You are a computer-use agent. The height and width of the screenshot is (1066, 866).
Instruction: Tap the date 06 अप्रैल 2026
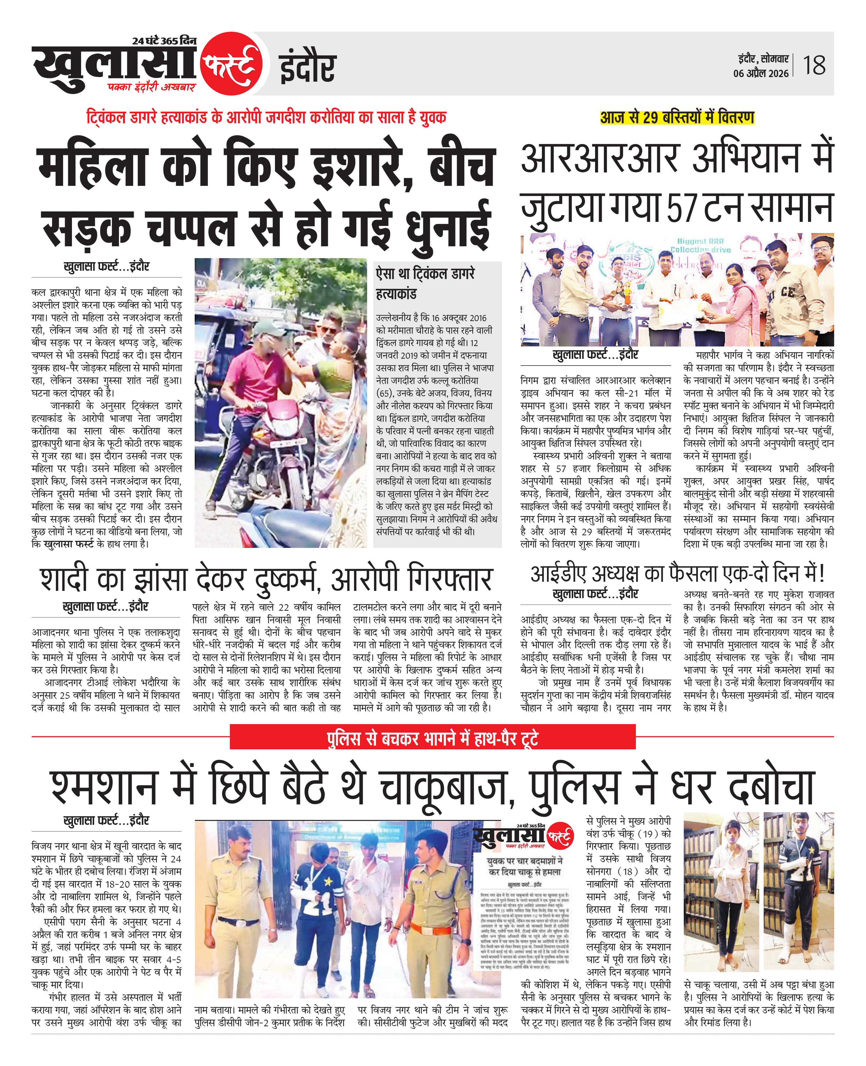(761, 73)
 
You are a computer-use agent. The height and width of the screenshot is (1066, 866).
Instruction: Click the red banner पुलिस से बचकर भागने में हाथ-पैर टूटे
(433, 738)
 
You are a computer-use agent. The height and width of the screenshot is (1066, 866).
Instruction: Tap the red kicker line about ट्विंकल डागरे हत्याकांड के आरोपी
(266, 118)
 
